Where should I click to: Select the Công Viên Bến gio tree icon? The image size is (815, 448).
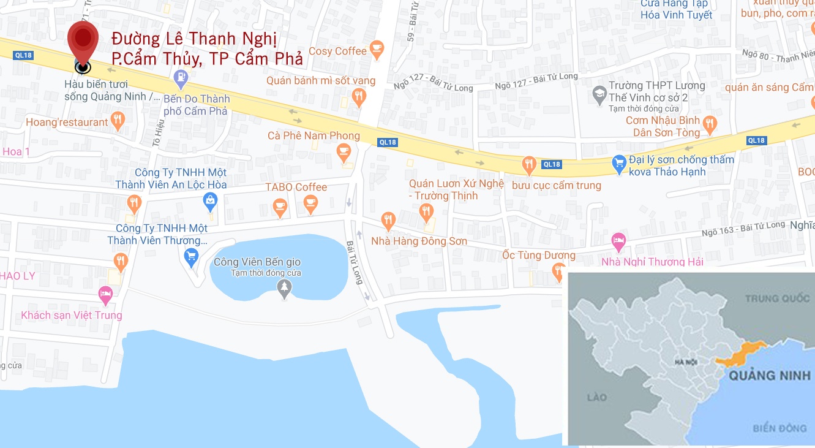coord(284,287)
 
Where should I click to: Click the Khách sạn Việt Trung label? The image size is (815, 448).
coord(72,315)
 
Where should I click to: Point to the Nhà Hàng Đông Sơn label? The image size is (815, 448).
coord(419,241)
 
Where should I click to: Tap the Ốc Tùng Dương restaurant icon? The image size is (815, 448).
coord(558,270)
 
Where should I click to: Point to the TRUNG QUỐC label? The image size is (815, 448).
coord(777,299)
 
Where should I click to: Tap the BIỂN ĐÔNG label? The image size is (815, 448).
coord(780,428)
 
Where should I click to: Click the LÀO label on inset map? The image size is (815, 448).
coord(596,397)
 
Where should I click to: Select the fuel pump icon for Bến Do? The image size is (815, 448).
coord(181,78)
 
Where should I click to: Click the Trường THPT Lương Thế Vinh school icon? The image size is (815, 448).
coord(599,94)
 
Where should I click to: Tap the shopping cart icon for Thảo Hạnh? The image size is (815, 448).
coord(618,163)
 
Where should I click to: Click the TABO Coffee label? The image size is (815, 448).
coord(296,187)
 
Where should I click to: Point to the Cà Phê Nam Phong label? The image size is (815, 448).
coord(314,135)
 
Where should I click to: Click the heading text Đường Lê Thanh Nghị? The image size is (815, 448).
coord(194,39)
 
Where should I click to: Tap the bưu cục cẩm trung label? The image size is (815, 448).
coord(557,185)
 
